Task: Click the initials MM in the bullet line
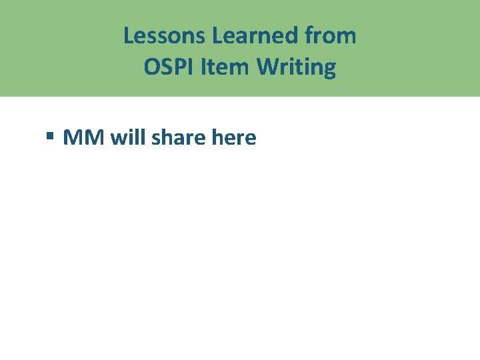click(84, 137)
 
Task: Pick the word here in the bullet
click(233, 137)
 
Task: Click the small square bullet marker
click(50, 137)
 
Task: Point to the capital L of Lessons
click(128, 35)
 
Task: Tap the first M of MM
click(73, 137)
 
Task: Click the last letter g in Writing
click(329, 69)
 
